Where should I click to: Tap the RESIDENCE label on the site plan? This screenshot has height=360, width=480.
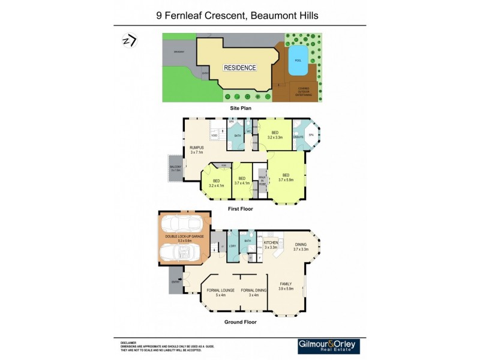pyautogui.click(x=240, y=68)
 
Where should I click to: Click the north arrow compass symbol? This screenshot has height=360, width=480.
pyautogui.click(x=129, y=40)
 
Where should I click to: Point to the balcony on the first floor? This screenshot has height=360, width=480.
pyautogui.click(x=175, y=169)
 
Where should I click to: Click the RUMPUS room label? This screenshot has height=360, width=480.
pyautogui.click(x=197, y=148)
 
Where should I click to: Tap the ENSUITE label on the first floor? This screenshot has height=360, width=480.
pyautogui.click(x=298, y=137)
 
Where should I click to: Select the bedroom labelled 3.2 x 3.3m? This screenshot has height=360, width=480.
pyautogui.click(x=275, y=137)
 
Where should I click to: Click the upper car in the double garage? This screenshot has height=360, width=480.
pyautogui.click(x=184, y=224)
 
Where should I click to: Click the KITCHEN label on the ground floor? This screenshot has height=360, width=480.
pyautogui.click(x=271, y=242)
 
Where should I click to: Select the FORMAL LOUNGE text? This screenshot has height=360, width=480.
pyautogui.click(x=220, y=290)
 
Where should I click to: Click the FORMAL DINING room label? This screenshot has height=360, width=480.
pyautogui.click(x=253, y=290)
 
